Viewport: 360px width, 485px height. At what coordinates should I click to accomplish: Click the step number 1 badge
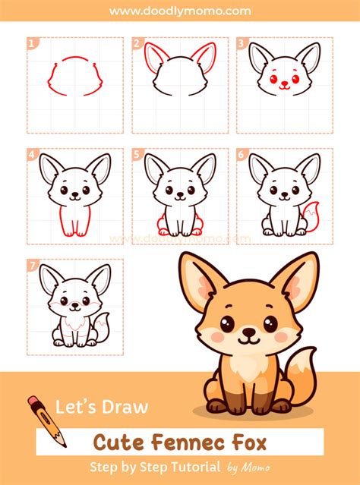pos(32,44)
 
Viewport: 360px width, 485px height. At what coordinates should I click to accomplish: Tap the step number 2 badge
pos(137,44)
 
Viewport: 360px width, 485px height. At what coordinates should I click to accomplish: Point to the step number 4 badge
pos(32,155)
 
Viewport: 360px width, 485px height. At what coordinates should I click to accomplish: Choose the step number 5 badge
pos(137,155)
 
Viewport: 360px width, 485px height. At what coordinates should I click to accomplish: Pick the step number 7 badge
pos(32,266)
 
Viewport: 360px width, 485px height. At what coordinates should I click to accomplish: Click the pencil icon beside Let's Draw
pos(46,419)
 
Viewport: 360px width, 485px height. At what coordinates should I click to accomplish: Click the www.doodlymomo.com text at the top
pos(180,11)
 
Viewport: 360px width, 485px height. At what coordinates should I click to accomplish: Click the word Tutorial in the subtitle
pos(195,466)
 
